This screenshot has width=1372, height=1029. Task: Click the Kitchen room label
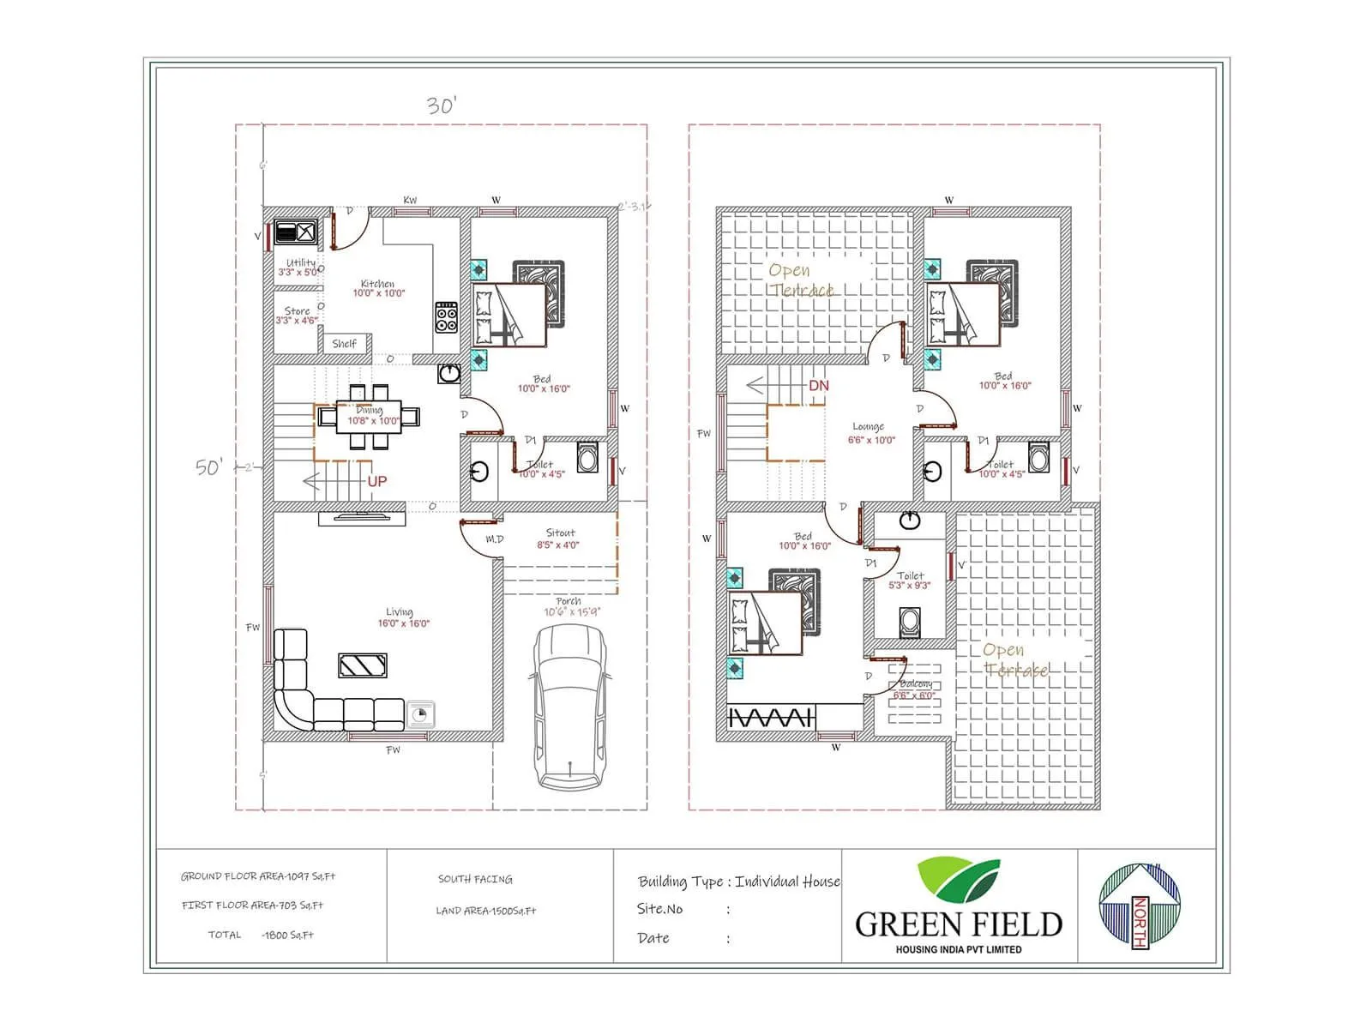377,284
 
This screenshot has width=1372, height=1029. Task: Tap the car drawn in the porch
569,705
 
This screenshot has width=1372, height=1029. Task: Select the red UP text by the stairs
377,482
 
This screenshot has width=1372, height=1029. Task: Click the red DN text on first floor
819,386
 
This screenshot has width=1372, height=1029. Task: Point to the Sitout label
560,533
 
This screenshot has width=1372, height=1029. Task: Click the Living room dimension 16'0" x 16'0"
403,623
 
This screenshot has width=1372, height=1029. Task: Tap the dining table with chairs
370,417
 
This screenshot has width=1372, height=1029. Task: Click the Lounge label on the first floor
868,426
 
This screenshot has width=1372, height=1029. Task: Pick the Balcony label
915,684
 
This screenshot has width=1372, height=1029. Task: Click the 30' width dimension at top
442,105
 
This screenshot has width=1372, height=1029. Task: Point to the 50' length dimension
209,467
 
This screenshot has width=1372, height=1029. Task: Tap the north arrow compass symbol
1140,905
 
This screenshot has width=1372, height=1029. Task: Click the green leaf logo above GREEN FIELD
958,880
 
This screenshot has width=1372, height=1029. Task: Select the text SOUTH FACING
475,879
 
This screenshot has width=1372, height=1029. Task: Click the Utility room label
300,263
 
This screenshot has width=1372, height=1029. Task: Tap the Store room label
297,311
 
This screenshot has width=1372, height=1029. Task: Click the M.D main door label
495,539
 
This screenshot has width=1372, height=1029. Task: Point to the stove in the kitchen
446,316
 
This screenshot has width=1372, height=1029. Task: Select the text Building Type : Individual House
738,882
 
